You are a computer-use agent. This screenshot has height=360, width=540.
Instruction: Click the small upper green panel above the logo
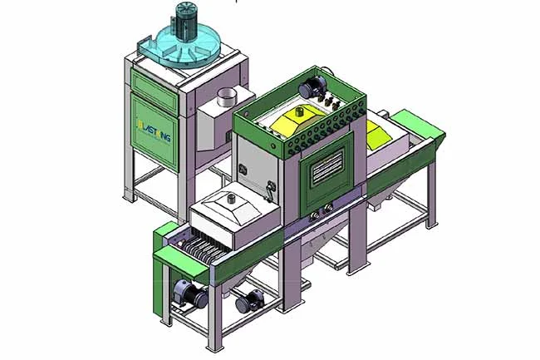(x=154, y=78)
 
